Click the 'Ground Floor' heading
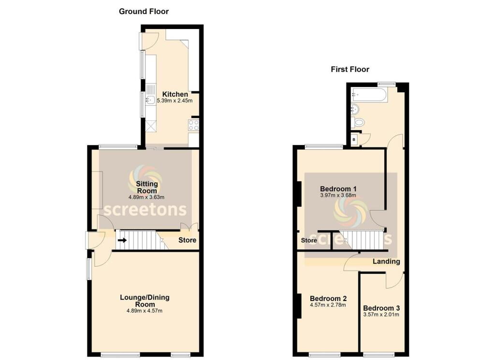tap(144, 11)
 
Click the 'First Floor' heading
tap(349, 69)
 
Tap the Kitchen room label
tap(175, 94)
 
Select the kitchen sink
tap(150, 100)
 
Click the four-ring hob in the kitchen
tap(194, 125)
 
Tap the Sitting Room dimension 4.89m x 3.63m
tap(146, 197)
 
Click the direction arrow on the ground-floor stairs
tap(122, 240)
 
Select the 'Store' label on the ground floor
tap(187, 240)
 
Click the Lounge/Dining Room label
tap(145, 301)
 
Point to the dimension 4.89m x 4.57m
tap(145, 311)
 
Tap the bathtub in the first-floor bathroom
tap(369, 95)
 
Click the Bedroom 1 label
tap(338, 188)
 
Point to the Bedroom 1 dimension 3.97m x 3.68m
tap(338, 196)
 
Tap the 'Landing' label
tap(386, 261)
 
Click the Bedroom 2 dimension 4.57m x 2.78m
tap(328, 305)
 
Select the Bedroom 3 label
tap(381, 308)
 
